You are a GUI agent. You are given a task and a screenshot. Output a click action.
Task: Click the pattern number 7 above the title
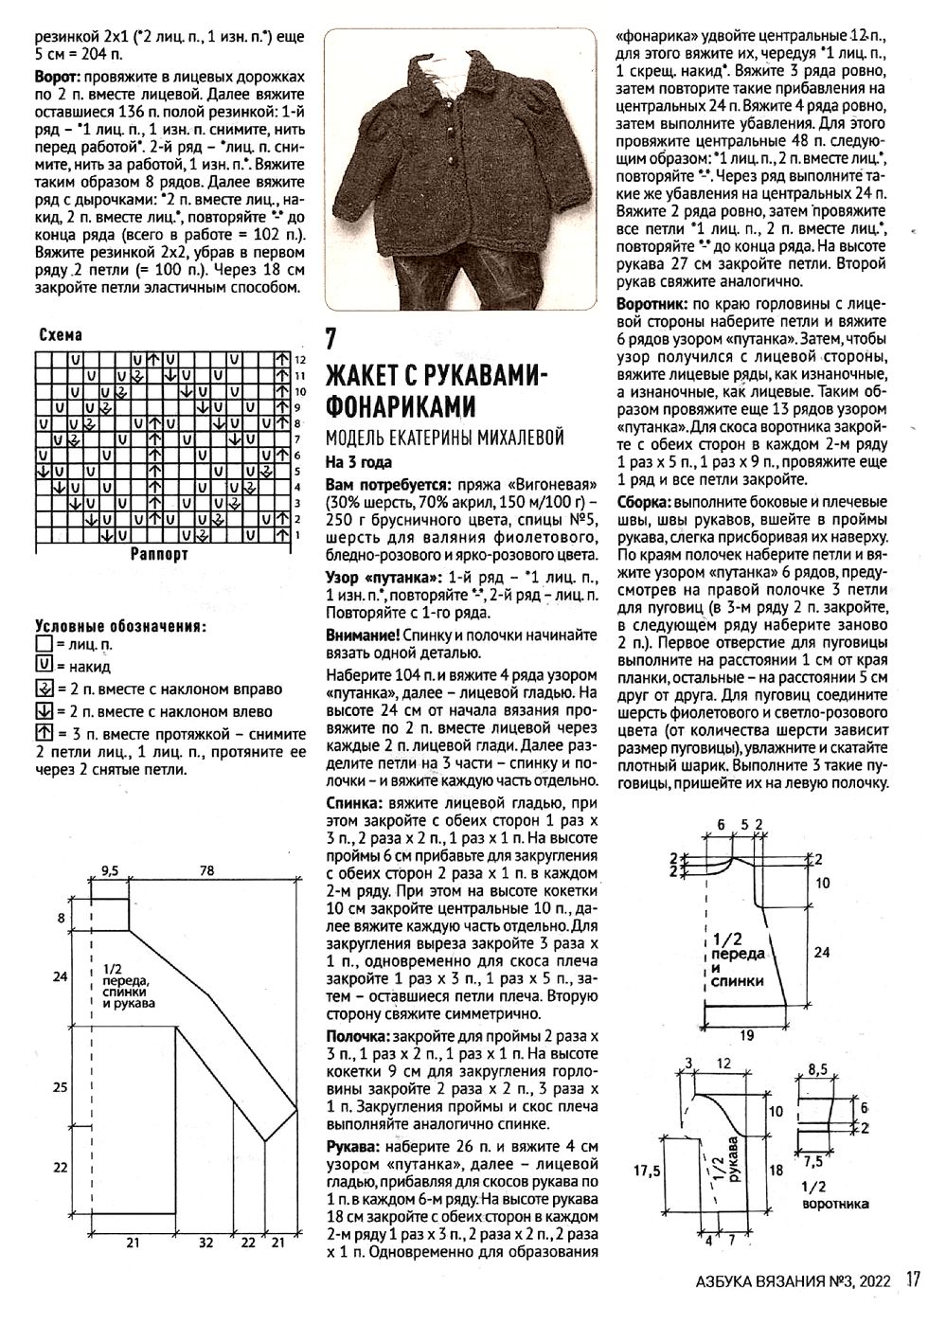(x=330, y=337)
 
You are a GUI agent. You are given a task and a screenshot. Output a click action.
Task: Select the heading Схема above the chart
(x=60, y=334)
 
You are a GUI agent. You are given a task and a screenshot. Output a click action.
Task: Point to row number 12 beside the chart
(x=300, y=361)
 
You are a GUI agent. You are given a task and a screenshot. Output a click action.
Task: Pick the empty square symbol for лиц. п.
(x=43, y=644)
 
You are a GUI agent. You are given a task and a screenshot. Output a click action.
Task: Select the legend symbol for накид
(x=43, y=666)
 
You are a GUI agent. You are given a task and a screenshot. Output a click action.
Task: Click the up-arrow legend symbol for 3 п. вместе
(x=43, y=733)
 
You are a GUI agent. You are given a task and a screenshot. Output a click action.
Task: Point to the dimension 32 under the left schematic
(x=205, y=1242)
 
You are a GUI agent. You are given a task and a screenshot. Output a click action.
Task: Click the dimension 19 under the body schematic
(x=746, y=1035)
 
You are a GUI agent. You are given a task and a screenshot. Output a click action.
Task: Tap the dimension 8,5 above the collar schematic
(x=817, y=1070)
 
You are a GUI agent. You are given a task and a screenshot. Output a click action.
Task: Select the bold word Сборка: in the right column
(x=645, y=501)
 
